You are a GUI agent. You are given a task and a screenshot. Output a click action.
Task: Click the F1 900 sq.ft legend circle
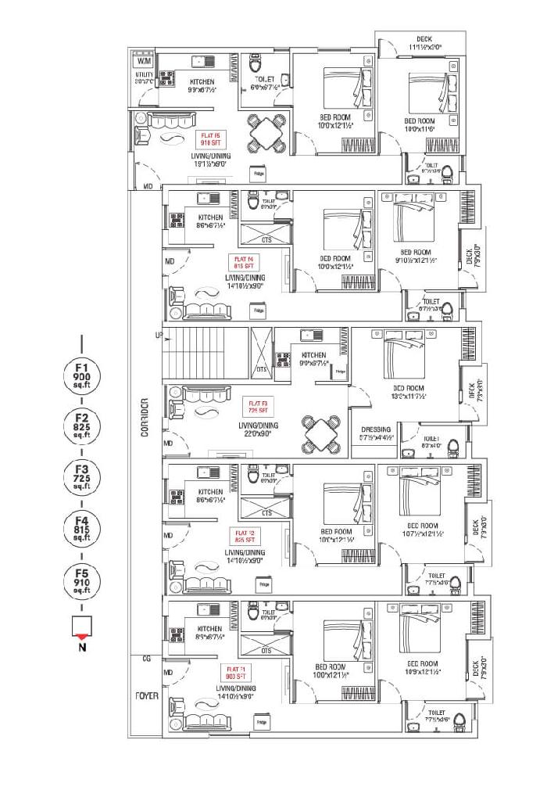(x=82, y=376)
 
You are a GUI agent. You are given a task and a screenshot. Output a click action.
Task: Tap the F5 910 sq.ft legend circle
(x=82, y=582)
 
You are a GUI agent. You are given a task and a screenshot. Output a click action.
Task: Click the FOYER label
(x=146, y=695)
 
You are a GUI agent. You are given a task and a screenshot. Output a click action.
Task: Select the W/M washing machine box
(x=144, y=61)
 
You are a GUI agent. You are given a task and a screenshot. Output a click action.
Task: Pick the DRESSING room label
(x=376, y=429)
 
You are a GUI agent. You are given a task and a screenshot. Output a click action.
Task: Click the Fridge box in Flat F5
(x=256, y=173)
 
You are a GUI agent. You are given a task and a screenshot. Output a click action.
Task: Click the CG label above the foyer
(x=146, y=659)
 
